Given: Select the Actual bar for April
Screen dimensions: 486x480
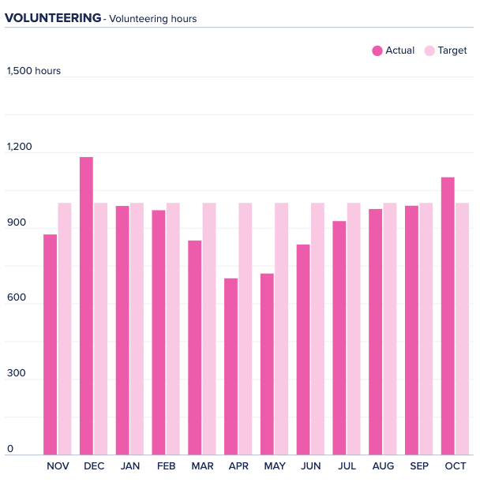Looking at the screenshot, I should click(x=231, y=367).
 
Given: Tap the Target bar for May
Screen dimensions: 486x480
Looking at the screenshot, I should click(x=281, y=329).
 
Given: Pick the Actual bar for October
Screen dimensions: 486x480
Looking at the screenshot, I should click(x=448, y=316).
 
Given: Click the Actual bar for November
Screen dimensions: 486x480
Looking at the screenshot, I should click(x=50, y=345).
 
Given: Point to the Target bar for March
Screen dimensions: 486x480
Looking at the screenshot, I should click(x=209, y=329).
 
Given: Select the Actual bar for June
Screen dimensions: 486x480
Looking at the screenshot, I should click(x=303, y=350).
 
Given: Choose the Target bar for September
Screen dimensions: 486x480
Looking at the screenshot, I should click(x=426, y=329).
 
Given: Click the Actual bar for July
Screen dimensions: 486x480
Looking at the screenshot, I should click(x=339, y=338).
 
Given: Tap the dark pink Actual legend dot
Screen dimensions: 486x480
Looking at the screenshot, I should click(x=377, y=50).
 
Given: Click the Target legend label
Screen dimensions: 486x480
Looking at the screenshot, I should click(x=452, y=50).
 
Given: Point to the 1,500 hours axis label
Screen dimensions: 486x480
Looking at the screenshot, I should click(x=34, y=71).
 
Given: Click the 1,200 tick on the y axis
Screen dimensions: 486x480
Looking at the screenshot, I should click(x=20, y=147).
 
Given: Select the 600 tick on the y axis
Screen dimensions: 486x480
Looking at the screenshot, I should click(x=17, y=298).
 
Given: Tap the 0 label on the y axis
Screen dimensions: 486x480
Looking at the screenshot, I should click(x=10, y=449).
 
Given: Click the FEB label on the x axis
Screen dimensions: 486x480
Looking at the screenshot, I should click(x=166, y=466).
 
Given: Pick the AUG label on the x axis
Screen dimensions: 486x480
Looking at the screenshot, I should click(x=383, y=466).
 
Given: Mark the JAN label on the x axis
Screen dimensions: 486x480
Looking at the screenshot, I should click(x=130, y=466).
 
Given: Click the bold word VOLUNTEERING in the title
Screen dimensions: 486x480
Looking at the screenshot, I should click(x=53, y=17).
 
